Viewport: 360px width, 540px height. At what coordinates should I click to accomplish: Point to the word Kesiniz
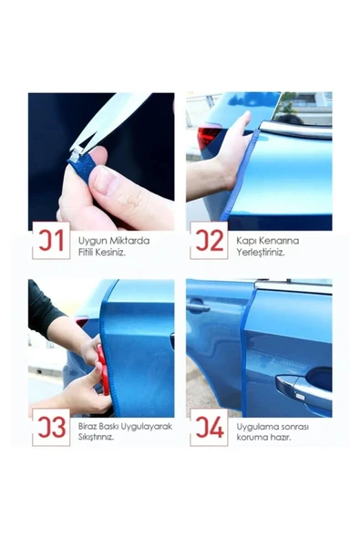[110, 252]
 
